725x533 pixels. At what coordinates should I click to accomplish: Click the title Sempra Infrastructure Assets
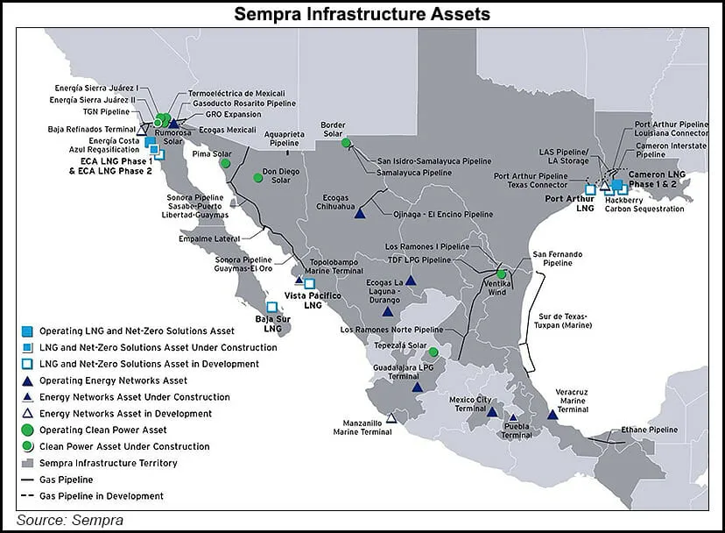pos(362,14)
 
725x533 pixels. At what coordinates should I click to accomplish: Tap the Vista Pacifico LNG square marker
pos(309,283)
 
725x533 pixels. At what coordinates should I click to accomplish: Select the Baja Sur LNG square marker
pos(271,308)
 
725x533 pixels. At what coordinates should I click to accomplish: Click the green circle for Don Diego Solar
pos(258,178)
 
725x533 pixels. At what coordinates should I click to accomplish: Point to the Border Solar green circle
pos(346,143)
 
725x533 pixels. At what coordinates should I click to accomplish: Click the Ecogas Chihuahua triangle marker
pos(360,213)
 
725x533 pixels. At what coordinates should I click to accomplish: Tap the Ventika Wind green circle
pos(501,274)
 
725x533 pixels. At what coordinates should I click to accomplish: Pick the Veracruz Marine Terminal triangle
pos(553,414)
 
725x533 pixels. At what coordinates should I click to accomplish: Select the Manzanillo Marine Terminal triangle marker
pos(391,419)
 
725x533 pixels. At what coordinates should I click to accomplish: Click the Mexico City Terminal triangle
pos(492,412)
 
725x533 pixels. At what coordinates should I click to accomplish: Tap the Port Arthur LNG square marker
pos(590,188)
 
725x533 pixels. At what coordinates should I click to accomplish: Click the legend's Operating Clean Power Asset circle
pos(27,430)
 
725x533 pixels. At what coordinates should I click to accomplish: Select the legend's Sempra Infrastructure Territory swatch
pos(27,463)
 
